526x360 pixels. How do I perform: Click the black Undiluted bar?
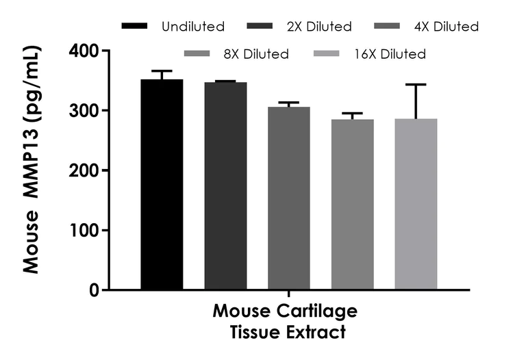(162, 185)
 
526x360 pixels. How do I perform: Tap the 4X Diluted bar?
(289, 198)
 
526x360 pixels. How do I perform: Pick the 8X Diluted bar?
(352, 205)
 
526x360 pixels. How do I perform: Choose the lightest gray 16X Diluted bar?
(416, 205)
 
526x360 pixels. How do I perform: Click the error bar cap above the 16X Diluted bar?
(416, 84)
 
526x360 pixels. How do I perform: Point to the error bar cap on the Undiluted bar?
(162, 71)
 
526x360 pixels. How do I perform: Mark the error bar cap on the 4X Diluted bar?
(289, 103)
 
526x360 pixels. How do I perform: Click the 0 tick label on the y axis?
(94, 290)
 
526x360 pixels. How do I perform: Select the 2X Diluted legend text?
(319, 27)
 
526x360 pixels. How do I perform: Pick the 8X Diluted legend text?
(255, 53)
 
